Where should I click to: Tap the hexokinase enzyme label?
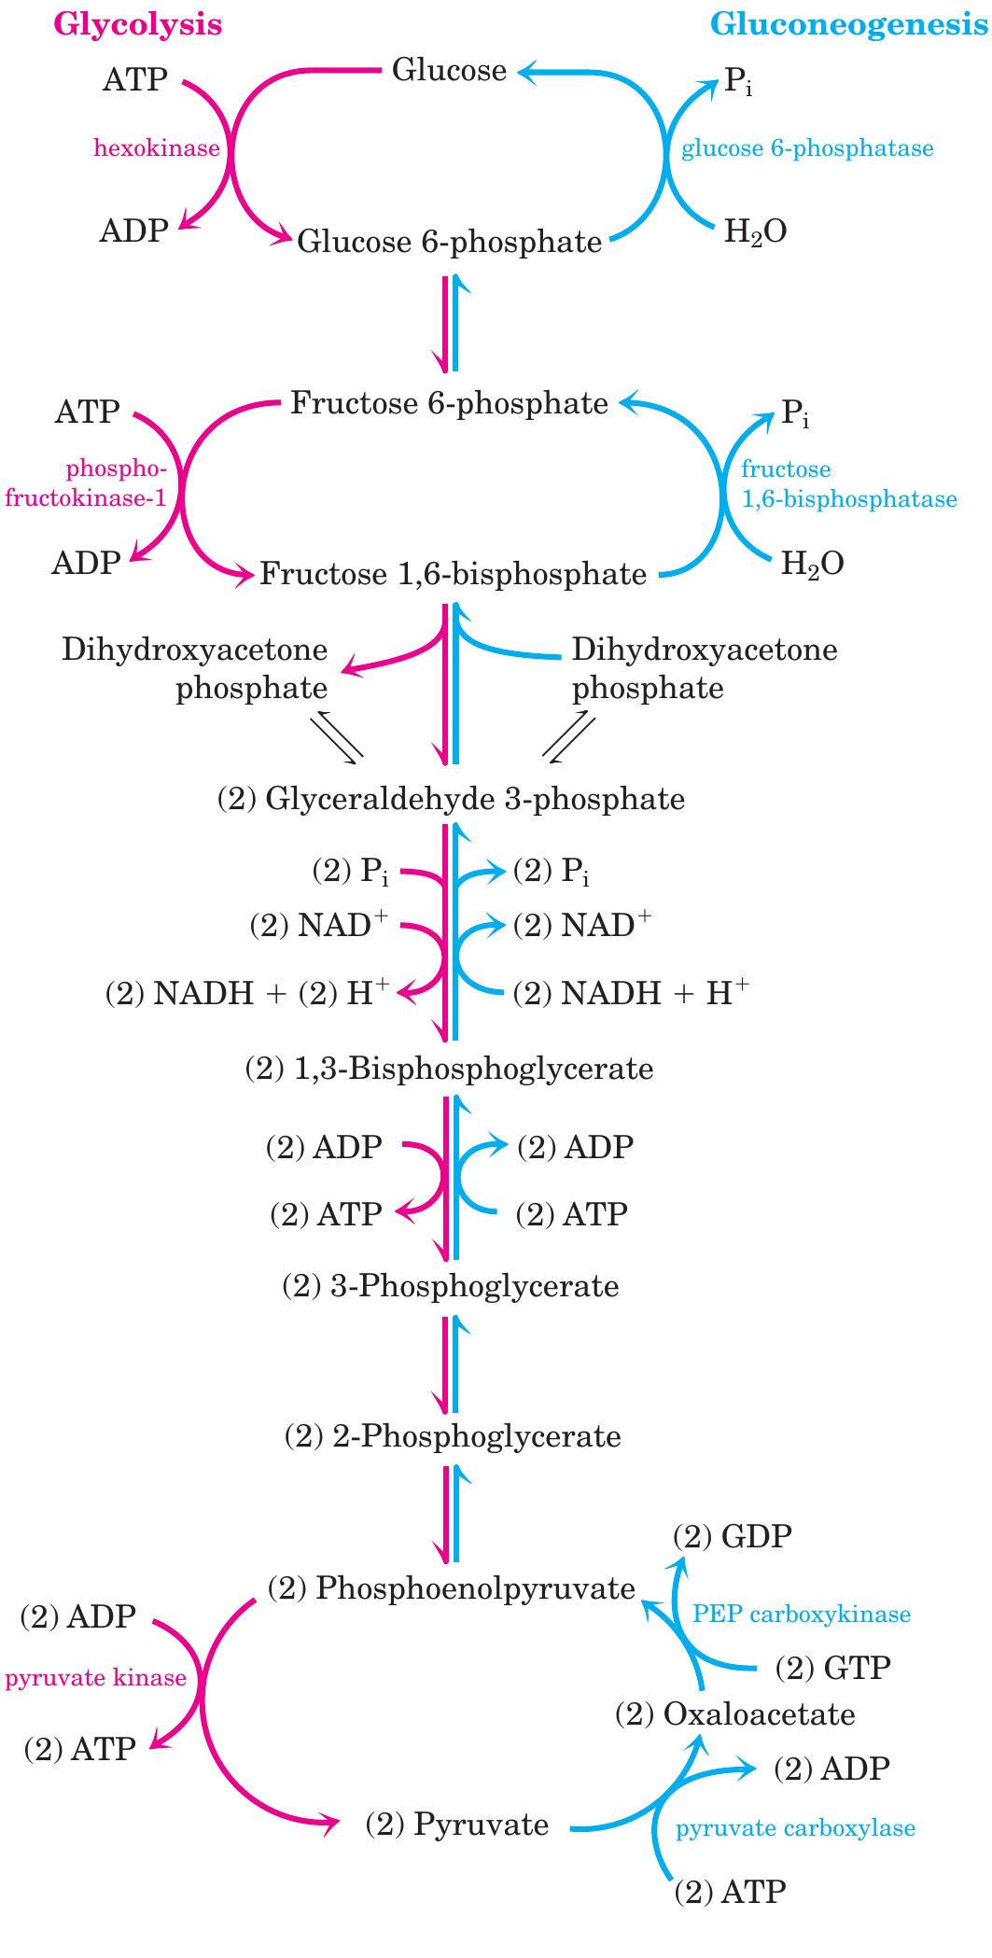click(x=157, y=147)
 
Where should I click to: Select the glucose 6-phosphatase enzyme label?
click(x=807, y=147)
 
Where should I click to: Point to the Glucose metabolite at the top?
click(x=449, y=70)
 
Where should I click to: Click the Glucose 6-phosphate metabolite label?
click(x=449, y=243)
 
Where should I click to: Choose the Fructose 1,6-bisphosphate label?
click(x=453, y=573)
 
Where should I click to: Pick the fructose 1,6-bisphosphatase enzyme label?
click(x=847, y=483)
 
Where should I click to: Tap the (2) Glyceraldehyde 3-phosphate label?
click(x=451, y=799)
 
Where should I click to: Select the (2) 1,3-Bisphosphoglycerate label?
click(x=449, y=1069)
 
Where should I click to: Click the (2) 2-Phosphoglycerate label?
click(x=452, y=1435)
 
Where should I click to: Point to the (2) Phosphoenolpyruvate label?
click(x=451, y=1587)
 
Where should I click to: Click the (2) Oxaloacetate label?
click(x=734, y=1713)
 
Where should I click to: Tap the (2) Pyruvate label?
click(x=456, y=1823)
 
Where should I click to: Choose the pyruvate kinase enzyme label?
click(x=96, y=1678)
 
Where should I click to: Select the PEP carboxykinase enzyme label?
click(x=802, y=1614)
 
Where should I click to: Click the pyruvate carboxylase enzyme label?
click(x=795, y=1827)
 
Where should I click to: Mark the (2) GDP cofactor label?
click(x=733, y=1536)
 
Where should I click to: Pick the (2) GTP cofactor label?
click(x=833, y=1667)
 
